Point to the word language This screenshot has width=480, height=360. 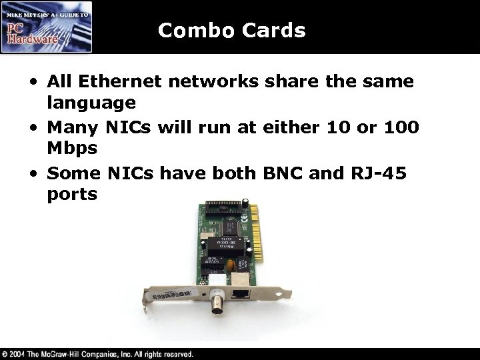[x=91, y=104]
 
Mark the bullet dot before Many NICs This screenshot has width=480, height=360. [x=33, y=127]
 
